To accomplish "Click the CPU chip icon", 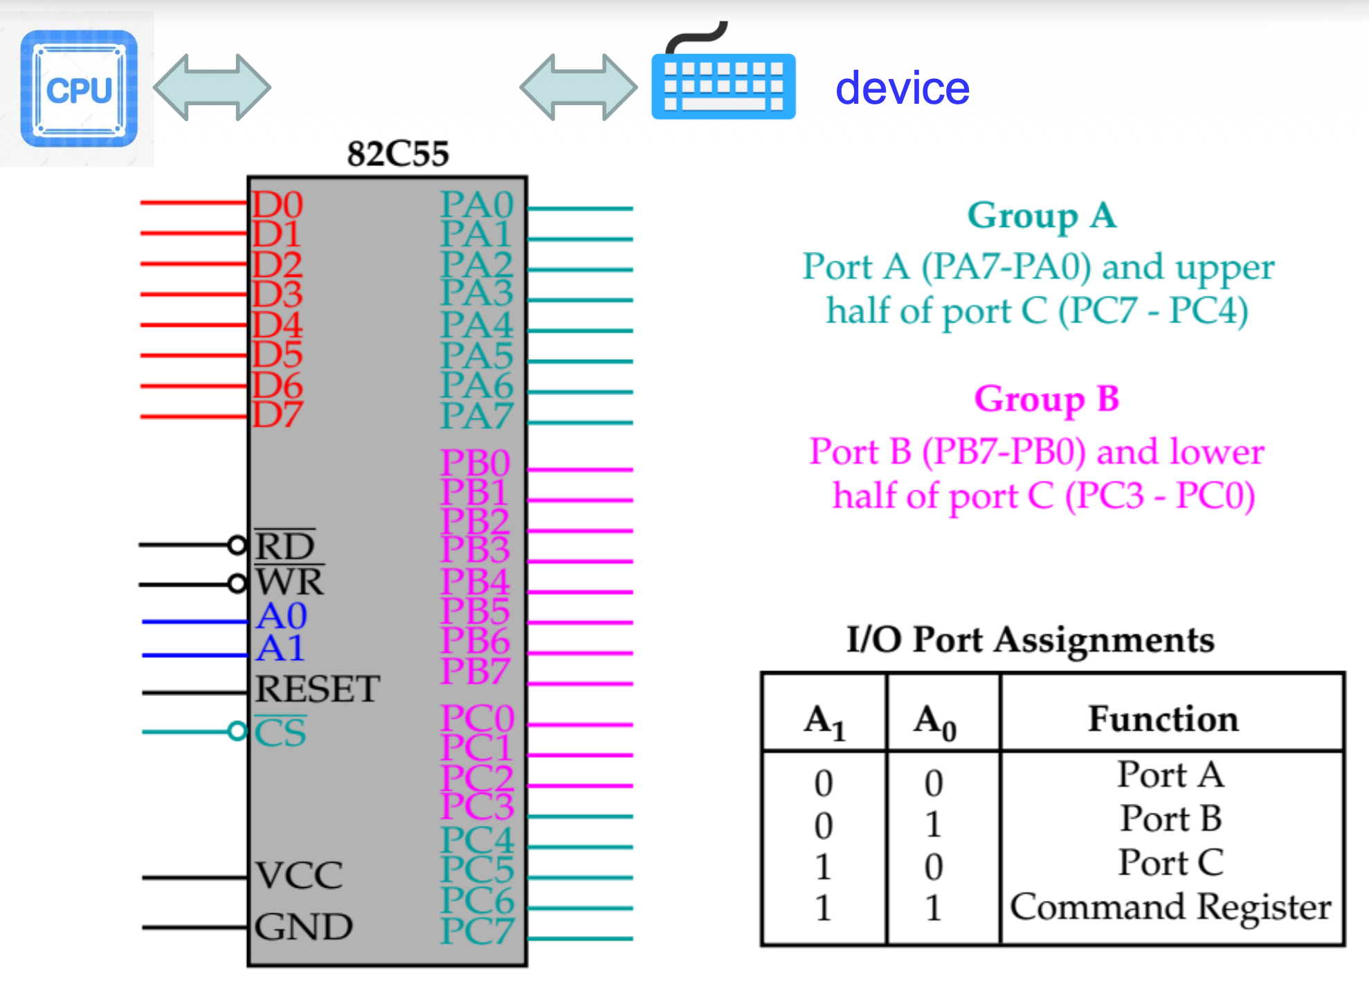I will [79, 89].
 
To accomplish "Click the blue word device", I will [902, 89].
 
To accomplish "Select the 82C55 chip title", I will [398, 154].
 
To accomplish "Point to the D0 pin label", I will [277, 205].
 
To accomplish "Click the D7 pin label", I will [277, 415].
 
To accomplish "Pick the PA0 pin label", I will [477, 205].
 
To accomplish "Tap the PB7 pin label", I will [475, 671].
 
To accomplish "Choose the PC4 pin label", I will [478, 840].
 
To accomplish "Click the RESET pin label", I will [318, 689].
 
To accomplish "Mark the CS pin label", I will [280, 733].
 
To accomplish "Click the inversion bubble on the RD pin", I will [237, 545].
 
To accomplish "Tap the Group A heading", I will [1042, 216].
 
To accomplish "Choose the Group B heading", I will [1046, 399].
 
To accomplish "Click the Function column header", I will [1163, 719].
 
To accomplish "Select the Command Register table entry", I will [1170, 907].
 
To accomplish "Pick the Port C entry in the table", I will [1171, 863].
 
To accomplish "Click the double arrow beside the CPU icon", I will [212, 87].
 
